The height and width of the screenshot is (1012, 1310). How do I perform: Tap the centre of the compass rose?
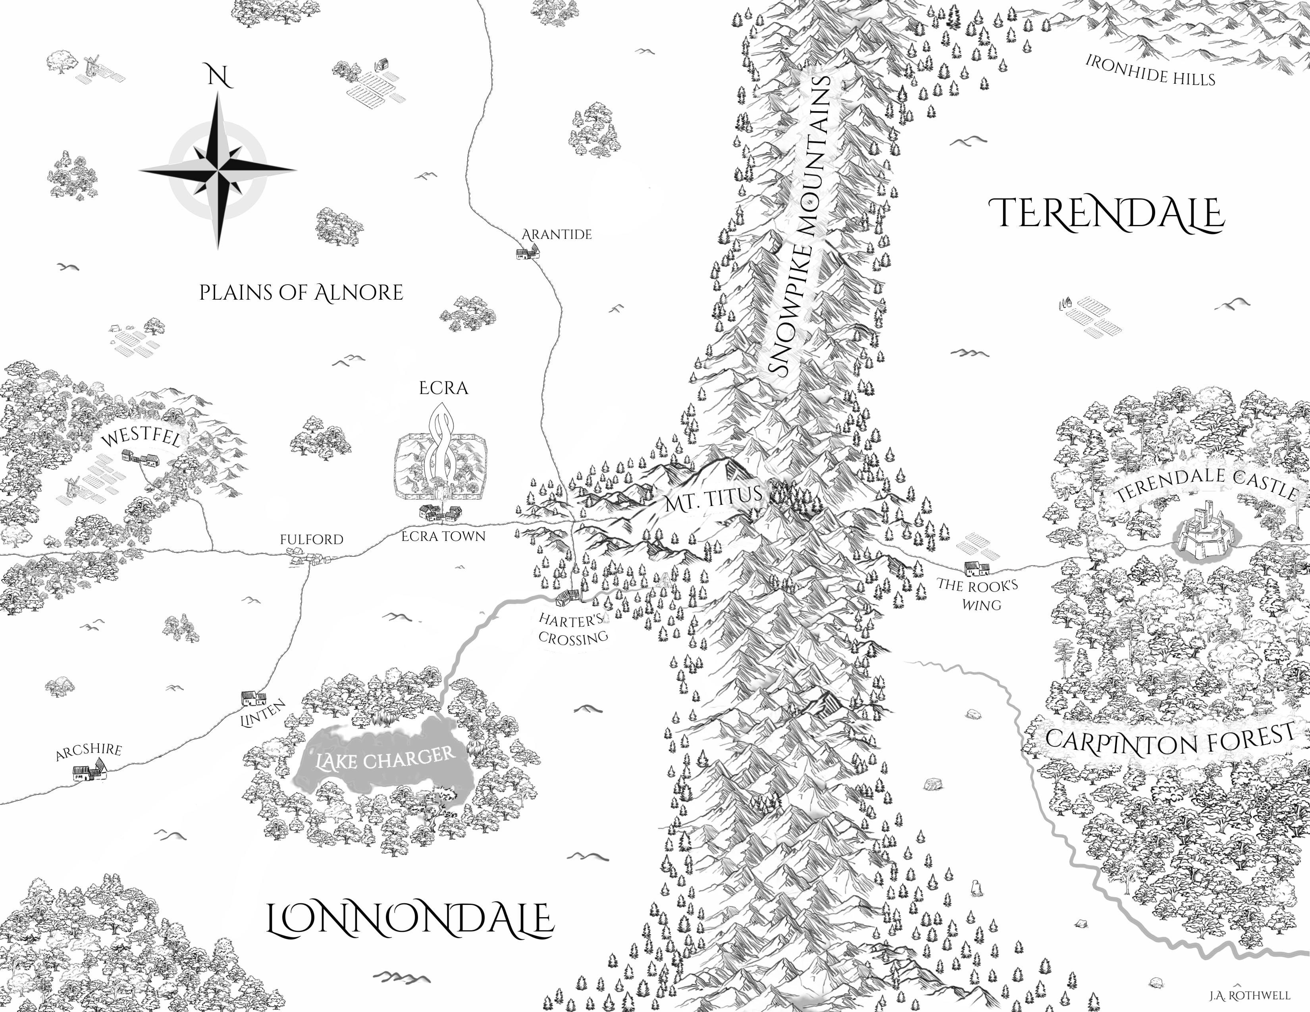(x=218, y=170)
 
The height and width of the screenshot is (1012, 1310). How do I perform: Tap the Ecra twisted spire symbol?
(x=443, y=450)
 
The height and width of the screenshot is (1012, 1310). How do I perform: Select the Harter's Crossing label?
(x=573, y=628)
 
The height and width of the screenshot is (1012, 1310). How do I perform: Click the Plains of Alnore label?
(x=301, y=292)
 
